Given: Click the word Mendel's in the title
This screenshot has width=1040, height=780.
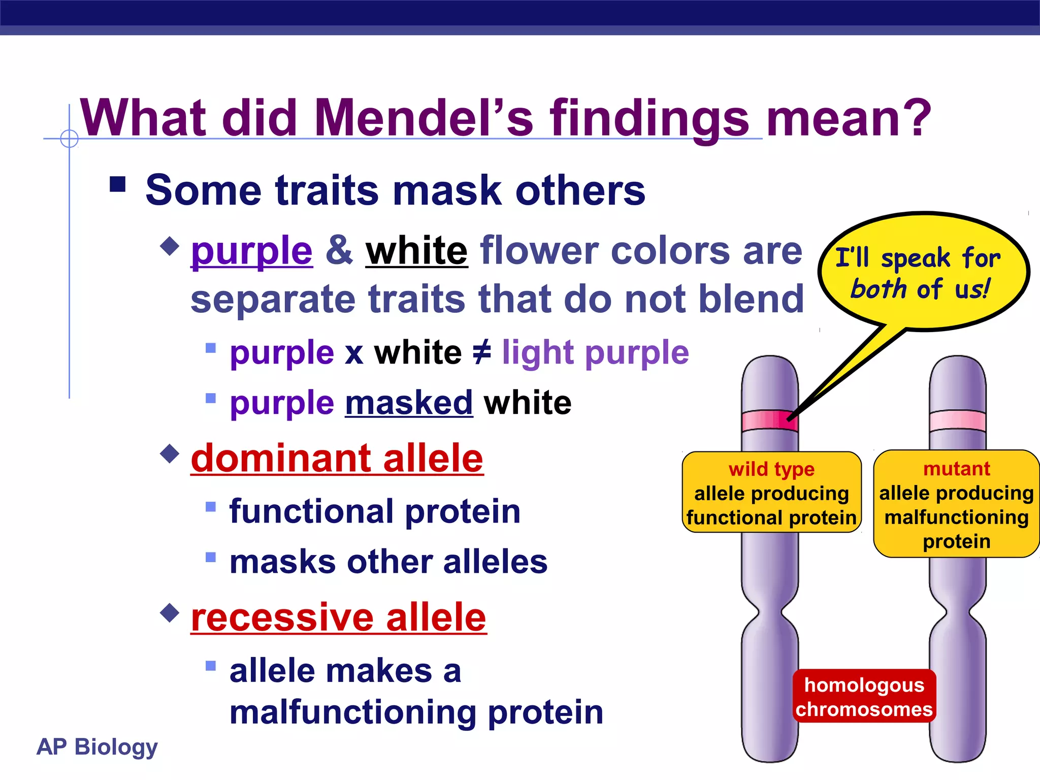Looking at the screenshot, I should [x=424, y=118].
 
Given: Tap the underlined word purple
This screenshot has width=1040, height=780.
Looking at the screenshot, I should [x=252, y=251].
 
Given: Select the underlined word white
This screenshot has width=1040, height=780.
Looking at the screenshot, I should [x=416, y=251].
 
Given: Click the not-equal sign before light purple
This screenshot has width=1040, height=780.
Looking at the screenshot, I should [x=481, y=352].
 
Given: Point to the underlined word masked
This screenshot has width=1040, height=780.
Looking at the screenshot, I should [x=409, y=403].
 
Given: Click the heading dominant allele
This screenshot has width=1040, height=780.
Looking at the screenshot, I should [x=337, y=458].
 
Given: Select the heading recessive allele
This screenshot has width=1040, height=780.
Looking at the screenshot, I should [x=339, y=617].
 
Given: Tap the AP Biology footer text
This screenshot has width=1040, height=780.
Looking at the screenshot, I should [x=97, y=747].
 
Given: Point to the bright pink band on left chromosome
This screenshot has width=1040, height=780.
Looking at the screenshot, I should [x=769, y=420].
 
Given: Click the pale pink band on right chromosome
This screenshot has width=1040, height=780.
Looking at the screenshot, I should [x=957, y=420].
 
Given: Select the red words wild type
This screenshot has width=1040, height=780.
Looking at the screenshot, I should [x=771, y=469].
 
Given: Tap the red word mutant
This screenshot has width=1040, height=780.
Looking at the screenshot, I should [x=957, y=468].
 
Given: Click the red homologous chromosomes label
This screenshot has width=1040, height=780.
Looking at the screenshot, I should [x=864, y=697].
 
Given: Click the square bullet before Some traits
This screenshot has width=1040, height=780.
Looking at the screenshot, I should [x=118, y=184].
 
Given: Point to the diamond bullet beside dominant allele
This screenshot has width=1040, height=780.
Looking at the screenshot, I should [x=170, y=452].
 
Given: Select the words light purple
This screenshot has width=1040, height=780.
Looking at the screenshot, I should [x=595, y=352].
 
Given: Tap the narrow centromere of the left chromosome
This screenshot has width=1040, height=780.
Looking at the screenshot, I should [x=769, y=615].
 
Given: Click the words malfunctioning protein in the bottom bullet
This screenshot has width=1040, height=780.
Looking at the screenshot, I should [x=416, y=712].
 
